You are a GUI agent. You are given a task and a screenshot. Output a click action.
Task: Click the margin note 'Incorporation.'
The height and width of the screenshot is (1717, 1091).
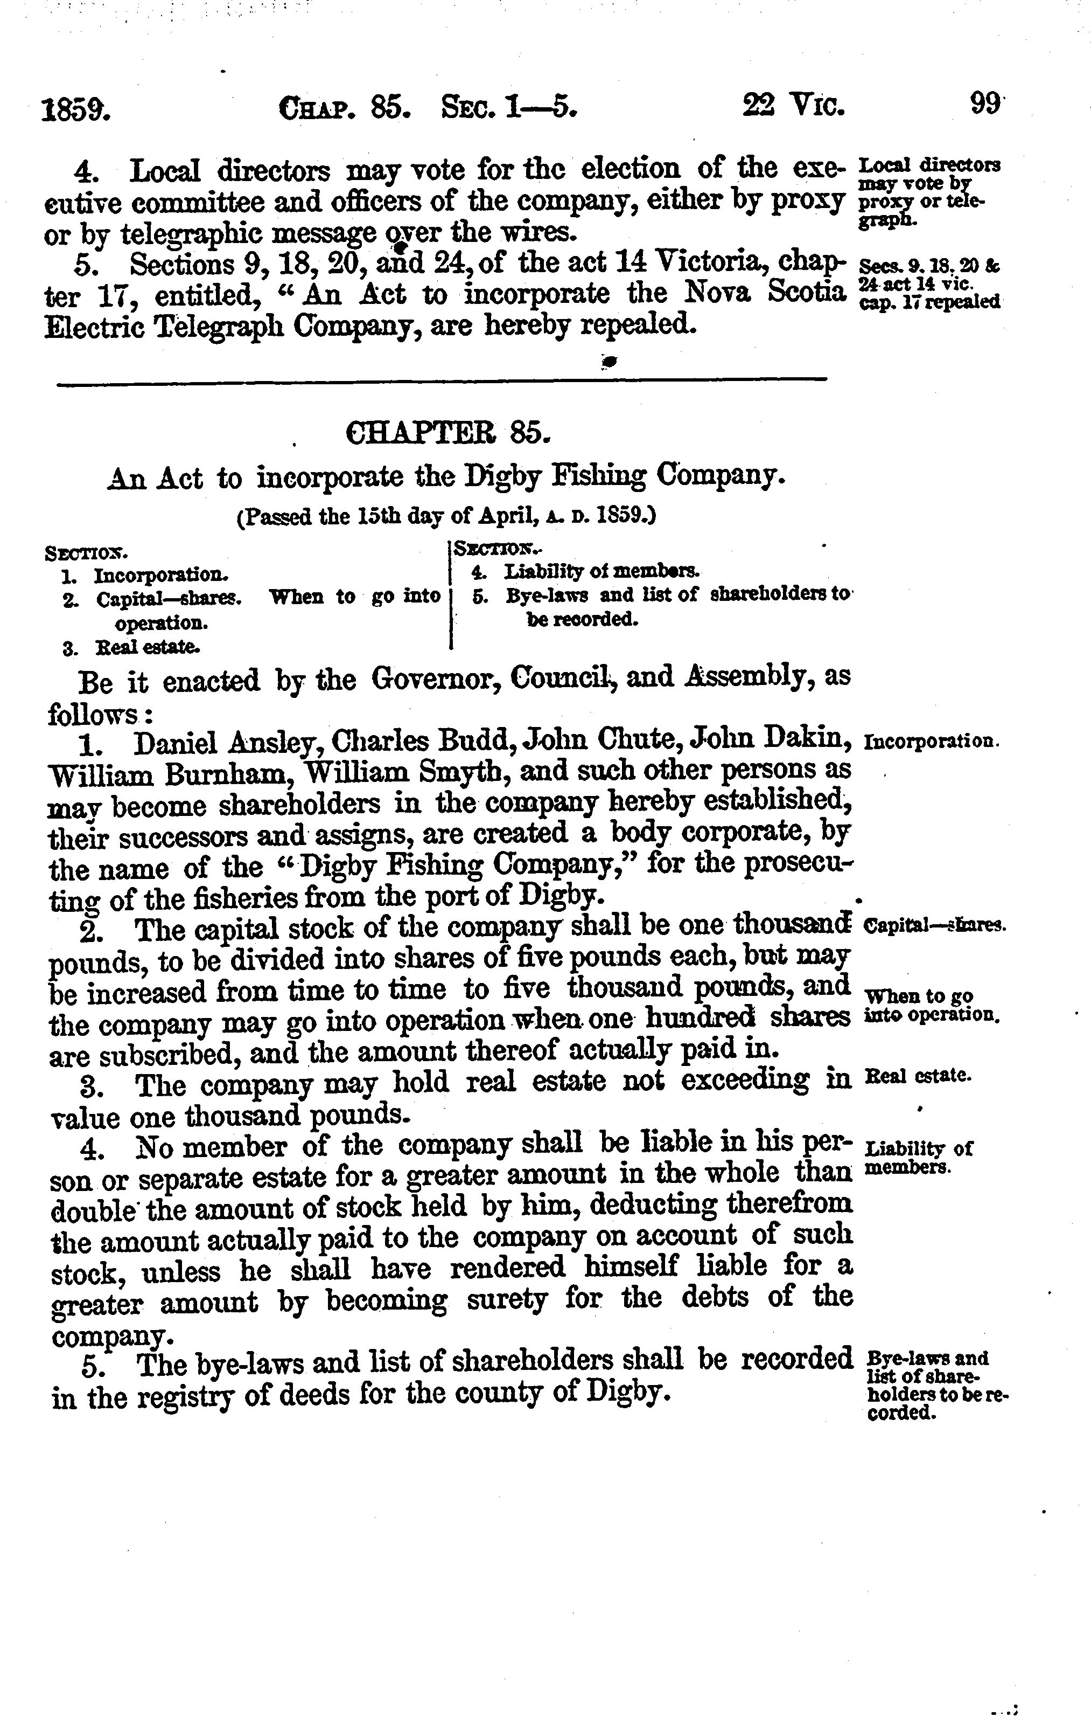click(932, 741)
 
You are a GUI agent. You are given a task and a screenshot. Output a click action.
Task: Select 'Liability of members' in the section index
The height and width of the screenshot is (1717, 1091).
click(602, 571)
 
